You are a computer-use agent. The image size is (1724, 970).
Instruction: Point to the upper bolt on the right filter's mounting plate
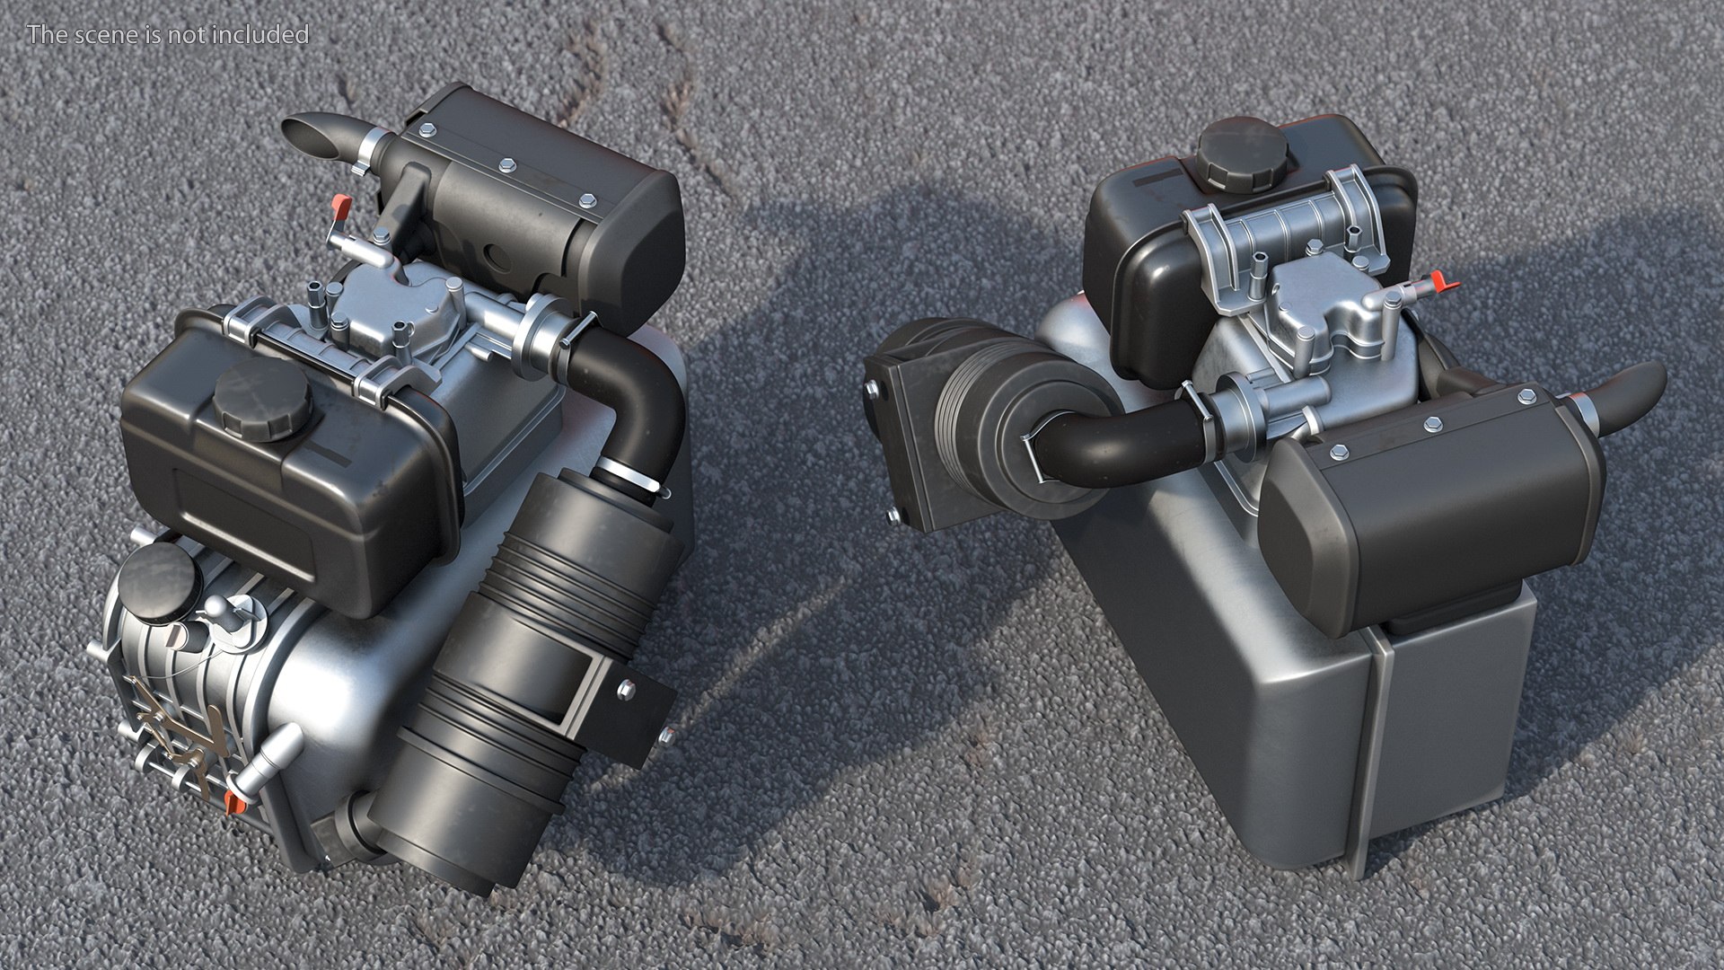pos(871,387)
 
